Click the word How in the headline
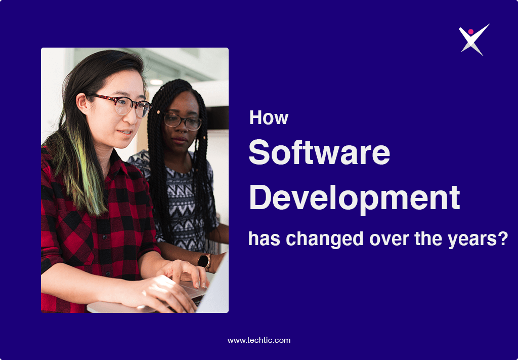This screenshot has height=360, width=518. [x=269, y=118]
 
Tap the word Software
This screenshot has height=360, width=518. [x=319, y=152]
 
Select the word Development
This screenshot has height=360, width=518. [x=354, y=198]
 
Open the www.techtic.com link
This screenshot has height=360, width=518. [x=259, y=340]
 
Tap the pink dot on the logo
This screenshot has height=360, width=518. [x=471, y=31]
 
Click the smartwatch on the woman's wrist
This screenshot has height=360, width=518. [x=204, y=260]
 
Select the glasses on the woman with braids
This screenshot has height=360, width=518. [x=182, y=122]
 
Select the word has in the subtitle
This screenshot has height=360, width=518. [x=262, y=238]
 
